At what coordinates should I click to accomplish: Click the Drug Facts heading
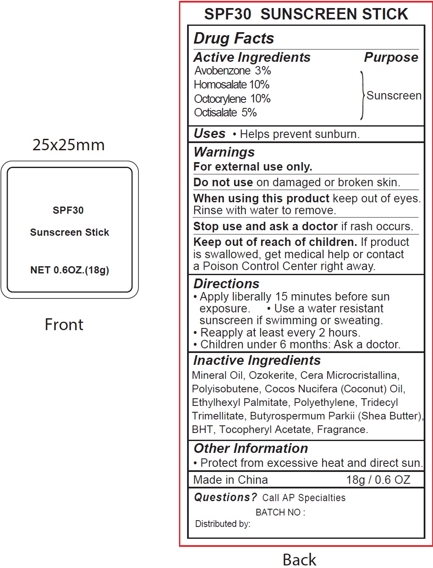click(234, 39)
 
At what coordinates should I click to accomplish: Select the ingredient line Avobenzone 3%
click(232, 71)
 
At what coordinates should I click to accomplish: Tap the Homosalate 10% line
click(232, 85)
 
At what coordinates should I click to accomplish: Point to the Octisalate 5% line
click(225, 113)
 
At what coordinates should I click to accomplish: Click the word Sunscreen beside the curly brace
click(394, 96)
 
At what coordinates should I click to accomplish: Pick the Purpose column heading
click(391, 58)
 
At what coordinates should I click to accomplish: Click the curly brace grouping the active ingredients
click(362, 95)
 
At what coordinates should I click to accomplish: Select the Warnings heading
click(224, 152)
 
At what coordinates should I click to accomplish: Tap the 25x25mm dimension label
click(69, 145)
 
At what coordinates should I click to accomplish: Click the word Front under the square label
click(64, 325)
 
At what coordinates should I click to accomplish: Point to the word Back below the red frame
click(299, 560)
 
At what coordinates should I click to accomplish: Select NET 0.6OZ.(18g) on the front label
click(70, 270)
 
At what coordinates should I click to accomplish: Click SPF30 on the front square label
click(68, 210)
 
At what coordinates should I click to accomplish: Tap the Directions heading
click(226, 284)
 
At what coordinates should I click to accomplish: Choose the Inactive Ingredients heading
click(257, 360)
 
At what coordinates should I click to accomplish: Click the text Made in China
click(230, 480)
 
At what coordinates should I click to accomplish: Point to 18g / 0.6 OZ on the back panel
click(378, 480)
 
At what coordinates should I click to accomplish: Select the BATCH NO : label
click(280, 512)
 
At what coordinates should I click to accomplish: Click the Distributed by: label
click(223, 524)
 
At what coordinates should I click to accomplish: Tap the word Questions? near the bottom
click(225, 497)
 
